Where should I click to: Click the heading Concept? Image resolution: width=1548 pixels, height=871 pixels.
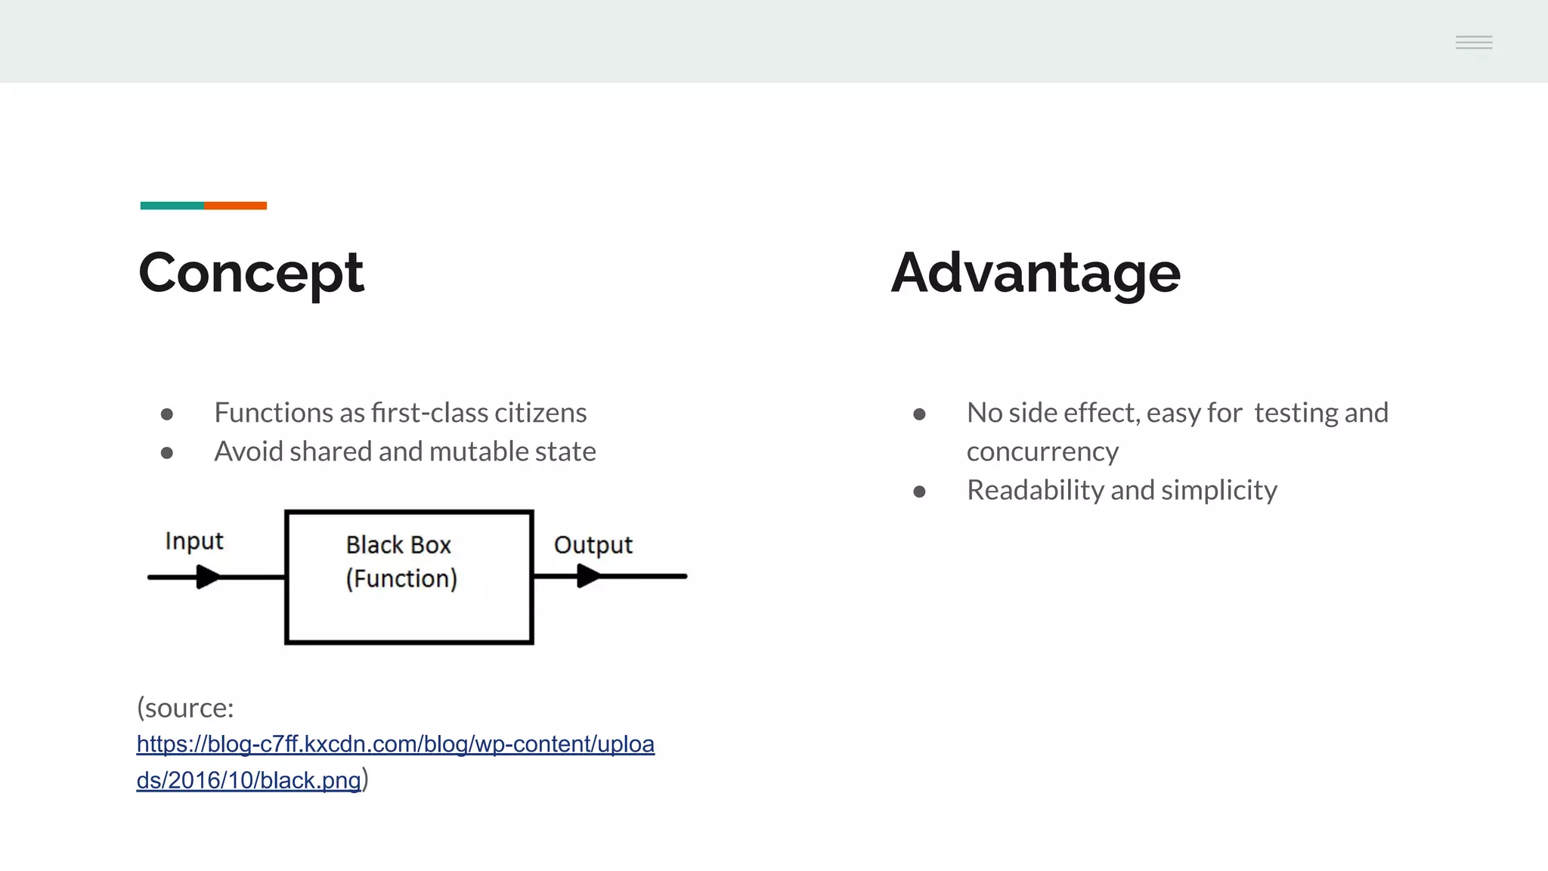[251, 273]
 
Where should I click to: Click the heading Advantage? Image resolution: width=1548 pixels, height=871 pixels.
[1035, 273]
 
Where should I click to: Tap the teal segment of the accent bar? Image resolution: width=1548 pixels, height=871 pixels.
[172, 206]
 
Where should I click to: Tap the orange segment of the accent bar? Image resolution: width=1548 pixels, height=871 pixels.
[236, 206]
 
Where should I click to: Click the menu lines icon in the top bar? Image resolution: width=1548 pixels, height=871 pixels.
[1473, 42]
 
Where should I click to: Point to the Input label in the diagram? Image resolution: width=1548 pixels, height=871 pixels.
[194, 541]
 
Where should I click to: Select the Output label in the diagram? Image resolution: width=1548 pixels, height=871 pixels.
[593, 545]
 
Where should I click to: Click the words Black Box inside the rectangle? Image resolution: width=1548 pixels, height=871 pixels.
[398, 545]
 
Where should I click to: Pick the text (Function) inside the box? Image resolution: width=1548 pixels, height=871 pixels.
[401, 579]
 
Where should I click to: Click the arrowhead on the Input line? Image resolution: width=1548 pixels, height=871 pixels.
[207, 578]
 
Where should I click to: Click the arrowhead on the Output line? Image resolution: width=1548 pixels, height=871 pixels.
[588, 577]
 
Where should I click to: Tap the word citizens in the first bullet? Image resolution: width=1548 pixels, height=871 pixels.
[540, 413]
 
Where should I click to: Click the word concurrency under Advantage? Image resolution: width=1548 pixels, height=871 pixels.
[1042, 451]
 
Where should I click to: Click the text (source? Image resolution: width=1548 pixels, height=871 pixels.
[185, 708]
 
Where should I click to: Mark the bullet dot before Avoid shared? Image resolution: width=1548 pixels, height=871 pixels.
[167, 453]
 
